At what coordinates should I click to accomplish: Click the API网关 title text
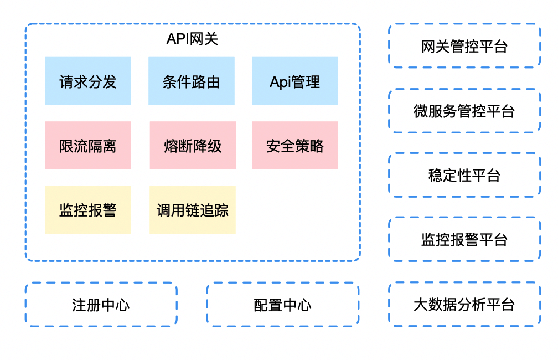pyautogui.click(x=192, y=40)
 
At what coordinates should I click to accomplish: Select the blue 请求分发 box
pyautogui.click(x=88, y=81)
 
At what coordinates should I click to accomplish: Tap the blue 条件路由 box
pyautogui.click(x=192, y=81)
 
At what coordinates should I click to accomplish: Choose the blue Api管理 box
pyautogui.click(x=294, y=81)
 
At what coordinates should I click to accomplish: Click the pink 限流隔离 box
pyautogui.click(x=88, y=146)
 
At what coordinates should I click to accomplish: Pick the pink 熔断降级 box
pyautogui.click(x=193, y=146)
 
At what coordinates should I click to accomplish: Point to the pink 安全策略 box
pyautogui.click(x=294, y=146)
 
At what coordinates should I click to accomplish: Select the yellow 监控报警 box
pyautogui.click(x=88, y=210)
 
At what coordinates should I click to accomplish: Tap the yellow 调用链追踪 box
pyautogui.click(x=193, y=210)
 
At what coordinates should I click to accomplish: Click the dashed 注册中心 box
pyautogui.click(x=101, y=305)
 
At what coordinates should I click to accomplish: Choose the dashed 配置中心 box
pyautogui.click(x=282, y=305)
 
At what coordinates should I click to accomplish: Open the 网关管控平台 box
pyautogui.click(x=464, y=46)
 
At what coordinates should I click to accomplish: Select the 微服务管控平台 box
pyautogui.click(x=464, y=111)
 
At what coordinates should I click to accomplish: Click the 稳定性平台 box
pyautogui.click(x=464, y=176)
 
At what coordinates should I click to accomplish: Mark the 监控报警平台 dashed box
pyautogui.click(x=464, y=240)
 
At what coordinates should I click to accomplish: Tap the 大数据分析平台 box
pyautogui.click(x=464, y=305)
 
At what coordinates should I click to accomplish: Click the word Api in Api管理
pyautogui.click(x=280, y=82)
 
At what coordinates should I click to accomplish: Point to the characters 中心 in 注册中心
pyautogui.click(x=115, y=305)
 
